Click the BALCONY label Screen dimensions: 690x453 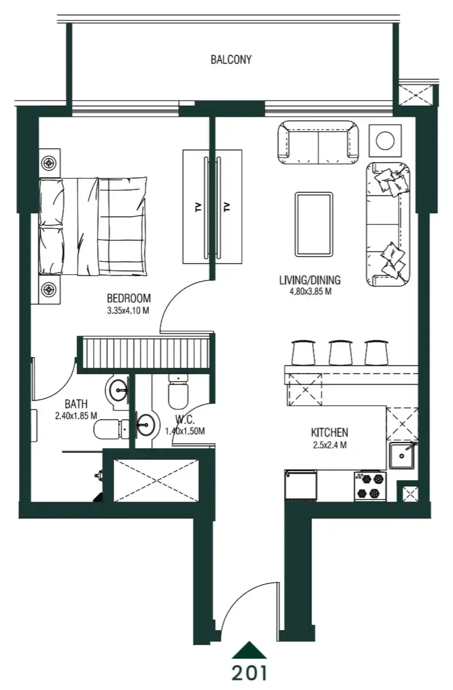click(231, 59)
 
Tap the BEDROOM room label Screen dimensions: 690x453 click(129, 298)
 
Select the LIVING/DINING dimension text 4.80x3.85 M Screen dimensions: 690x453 click(310, 291)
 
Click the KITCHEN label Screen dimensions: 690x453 click(329, 432)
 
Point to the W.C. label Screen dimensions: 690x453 click(186, 422)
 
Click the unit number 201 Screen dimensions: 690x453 click(249, 673)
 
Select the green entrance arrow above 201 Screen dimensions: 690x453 click(249, 650)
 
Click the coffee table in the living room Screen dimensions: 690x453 click(313, 225)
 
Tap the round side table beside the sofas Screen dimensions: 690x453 click(386, 140)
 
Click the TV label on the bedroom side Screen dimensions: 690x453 click(198, 207)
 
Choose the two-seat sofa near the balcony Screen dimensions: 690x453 click(318, 142)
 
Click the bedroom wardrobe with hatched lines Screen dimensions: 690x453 click(147, 354)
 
